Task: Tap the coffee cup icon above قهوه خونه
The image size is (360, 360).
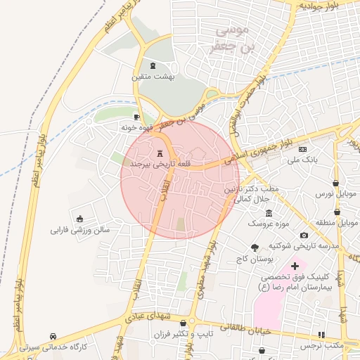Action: [136, 117]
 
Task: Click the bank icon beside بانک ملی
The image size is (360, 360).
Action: [302, 149]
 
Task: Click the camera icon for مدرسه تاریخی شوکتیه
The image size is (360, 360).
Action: [303, 235]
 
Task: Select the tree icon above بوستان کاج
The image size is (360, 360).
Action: [255, 247]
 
